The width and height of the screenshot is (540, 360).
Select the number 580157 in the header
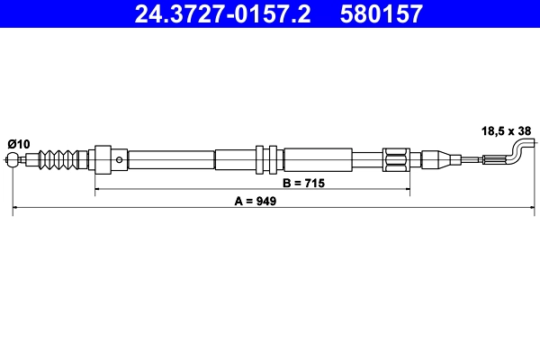coord(378,13)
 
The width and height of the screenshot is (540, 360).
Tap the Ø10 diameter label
coord(19,143)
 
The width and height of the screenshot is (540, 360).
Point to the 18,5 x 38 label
coord(506,130)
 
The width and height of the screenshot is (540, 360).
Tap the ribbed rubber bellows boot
coord(57,160)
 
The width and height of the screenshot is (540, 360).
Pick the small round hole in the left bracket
coord(120,159)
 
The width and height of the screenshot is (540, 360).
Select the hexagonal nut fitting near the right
coord(397,160)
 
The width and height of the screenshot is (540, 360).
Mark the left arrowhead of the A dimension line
coord(15,209)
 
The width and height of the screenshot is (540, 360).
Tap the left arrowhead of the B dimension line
coord(97,190)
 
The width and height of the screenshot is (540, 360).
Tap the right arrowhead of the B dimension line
coord(408,190)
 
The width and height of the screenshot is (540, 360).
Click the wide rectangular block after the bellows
coord(103,160)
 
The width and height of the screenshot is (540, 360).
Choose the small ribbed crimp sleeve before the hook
coord(493,160)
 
